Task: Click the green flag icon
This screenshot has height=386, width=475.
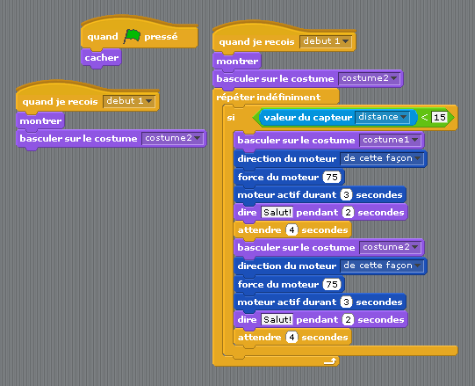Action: [132, 36]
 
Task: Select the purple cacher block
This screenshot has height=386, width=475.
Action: [101, 58]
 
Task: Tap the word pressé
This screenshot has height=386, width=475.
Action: [161, 37]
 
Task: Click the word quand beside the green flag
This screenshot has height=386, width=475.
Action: [103, 37]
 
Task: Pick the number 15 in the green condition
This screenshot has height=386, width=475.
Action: [440, 117]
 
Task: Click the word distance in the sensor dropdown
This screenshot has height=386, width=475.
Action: [378, 117]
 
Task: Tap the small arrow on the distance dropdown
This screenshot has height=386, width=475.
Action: [403, 117]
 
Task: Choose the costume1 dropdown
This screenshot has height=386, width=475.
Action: [391, 140]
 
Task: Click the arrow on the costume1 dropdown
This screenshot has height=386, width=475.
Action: [414, 140]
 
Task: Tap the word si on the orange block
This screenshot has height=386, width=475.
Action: [231, 118]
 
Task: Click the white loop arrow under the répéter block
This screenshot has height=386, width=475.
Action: [330, 361]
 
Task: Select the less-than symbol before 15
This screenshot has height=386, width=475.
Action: [424, 117]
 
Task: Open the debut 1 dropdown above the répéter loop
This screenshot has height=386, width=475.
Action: [326, 41]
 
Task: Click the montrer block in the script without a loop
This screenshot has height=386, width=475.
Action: [40, 121]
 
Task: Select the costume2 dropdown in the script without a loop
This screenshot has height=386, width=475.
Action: [172, 138]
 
